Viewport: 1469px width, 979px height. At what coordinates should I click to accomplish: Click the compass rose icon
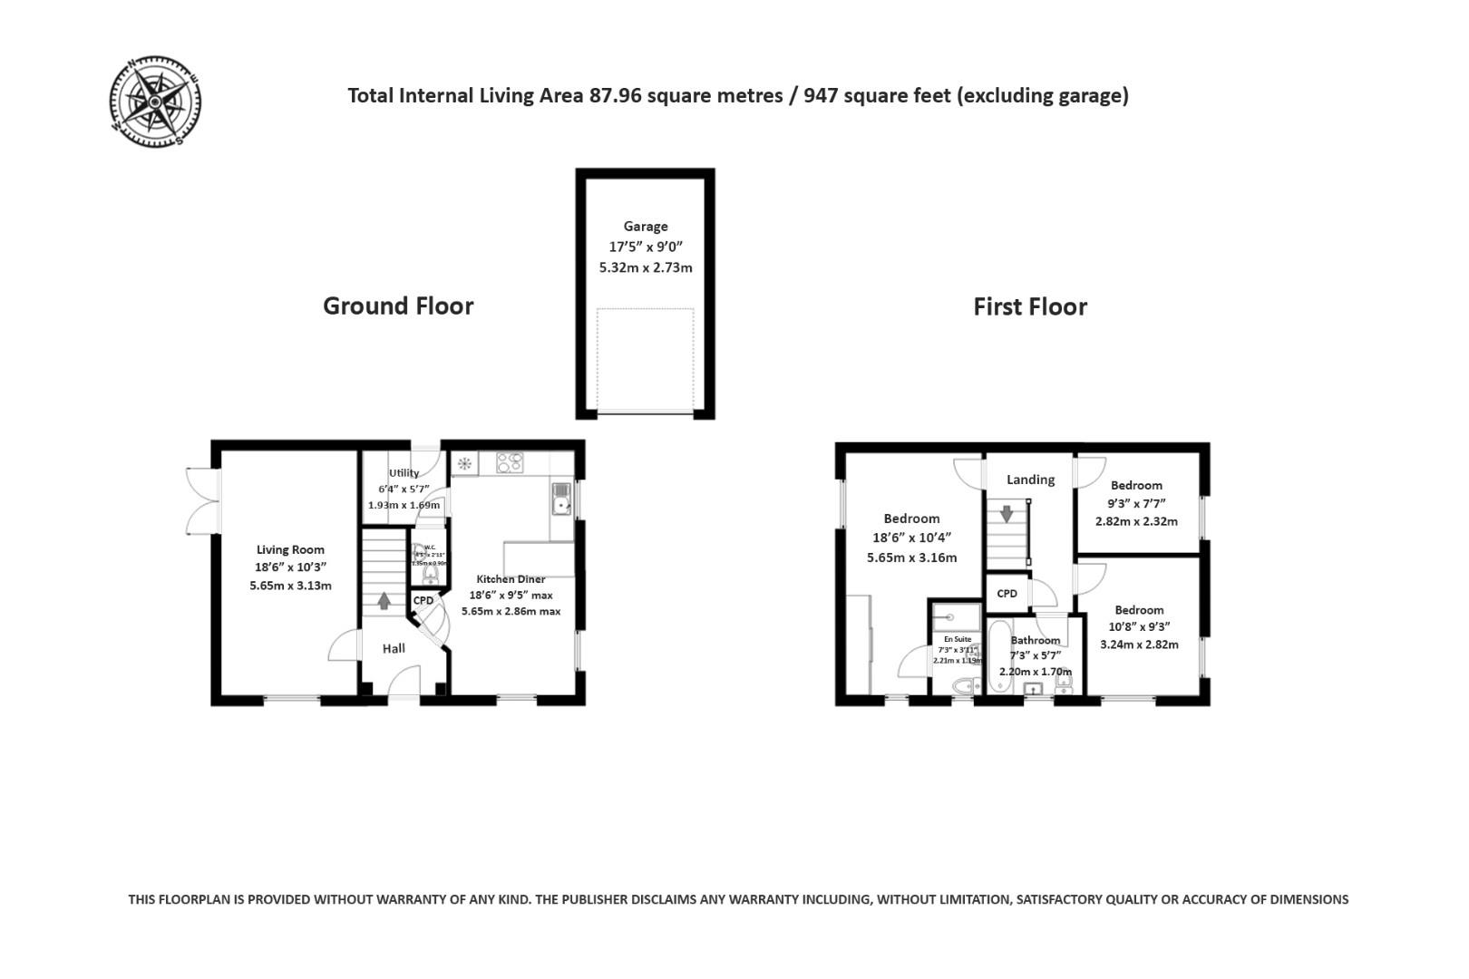coord(155,101)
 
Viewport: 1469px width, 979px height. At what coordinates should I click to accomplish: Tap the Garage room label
coord(645,227)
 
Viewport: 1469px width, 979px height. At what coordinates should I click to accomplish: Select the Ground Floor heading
coord(398,306)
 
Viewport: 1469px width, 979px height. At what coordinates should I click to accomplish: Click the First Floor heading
coord(1029,307)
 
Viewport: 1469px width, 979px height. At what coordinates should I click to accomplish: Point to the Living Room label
coord(290,549)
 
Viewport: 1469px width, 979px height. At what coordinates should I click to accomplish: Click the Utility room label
coord(404,473)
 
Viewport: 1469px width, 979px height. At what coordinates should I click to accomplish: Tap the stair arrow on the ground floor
coord(384,599)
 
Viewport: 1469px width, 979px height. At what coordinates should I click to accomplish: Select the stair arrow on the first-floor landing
coord(1007,514)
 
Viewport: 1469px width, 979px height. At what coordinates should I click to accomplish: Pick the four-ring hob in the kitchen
coord(510,463)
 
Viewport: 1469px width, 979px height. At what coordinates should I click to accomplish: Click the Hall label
coord(394,648)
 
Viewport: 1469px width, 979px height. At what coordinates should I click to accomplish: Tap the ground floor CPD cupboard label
coord(423,601)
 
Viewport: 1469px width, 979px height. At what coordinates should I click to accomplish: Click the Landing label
coord(1030,480)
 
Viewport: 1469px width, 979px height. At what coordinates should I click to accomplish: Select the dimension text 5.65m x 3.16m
coord(911,557)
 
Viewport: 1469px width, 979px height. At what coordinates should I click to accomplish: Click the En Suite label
coord(957,639)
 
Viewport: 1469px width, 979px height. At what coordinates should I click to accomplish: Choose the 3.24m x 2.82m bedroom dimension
coord(1139,645)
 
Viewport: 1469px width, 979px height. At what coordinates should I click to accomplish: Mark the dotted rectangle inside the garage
coord(645,360)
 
